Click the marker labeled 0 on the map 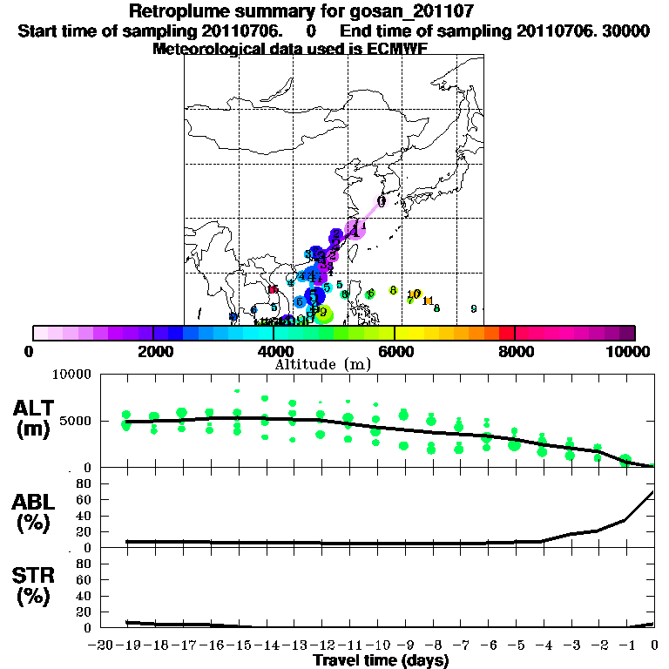(x=382, y=201)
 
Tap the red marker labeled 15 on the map (x=273, y=289)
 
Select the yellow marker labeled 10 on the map (x=415, y=294)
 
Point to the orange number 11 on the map (x=428, y=301)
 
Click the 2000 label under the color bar (x=152, y=351)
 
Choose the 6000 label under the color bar (x=395, y=351)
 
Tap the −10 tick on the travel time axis (x=377, y=646)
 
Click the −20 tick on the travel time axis (x=101, y=646)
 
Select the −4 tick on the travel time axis (x=544, y=646)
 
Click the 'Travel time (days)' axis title (x=381, y=660)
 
